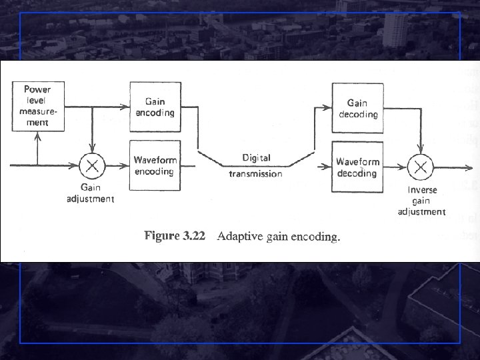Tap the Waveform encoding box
[155, 165]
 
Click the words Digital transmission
[256, 166]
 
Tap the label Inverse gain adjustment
[421, 201]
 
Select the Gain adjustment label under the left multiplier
[91, 193]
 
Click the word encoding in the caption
[316, 237]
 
